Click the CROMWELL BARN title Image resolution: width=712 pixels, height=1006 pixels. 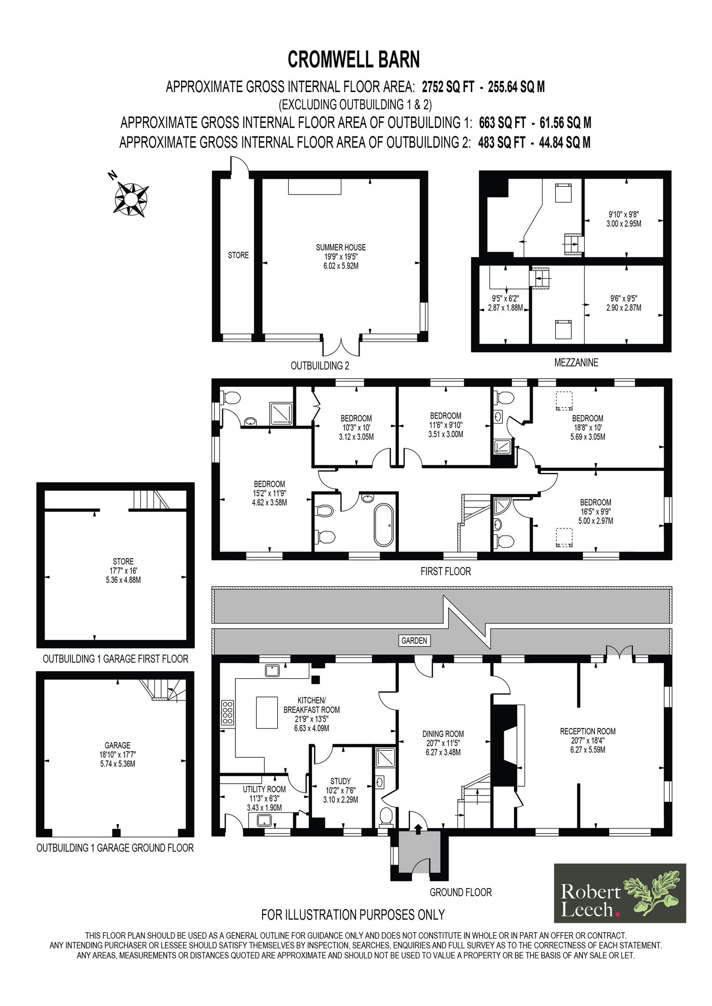(x=354, y=60)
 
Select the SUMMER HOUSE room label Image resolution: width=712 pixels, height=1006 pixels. (x=341, y=247)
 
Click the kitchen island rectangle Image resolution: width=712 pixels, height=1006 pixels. (x=267, y=712)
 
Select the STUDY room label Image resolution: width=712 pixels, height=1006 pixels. (x=340, y=781)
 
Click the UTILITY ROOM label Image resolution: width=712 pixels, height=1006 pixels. (x=264, y=789)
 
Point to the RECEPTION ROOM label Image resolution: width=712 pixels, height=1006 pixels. (x=587, y=731)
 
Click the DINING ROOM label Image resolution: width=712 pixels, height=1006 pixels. (x=443, y=734)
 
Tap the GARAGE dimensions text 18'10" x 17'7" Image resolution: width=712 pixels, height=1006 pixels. (x=117, y=754)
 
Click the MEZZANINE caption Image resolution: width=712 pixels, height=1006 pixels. (x=576, y=362)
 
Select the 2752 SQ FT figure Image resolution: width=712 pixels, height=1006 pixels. (x=448, y=86)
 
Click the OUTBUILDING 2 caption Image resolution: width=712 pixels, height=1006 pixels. (x=320, y=366)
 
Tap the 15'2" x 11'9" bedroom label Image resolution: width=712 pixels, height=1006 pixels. (x=269, y=493)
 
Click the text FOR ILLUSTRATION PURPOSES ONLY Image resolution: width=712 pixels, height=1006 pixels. (x=353, y=914)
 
